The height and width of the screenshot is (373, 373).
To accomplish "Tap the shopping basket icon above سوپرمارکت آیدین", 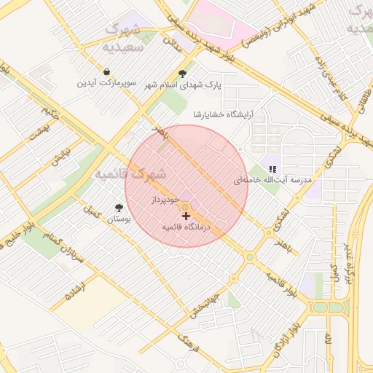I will (107, 72).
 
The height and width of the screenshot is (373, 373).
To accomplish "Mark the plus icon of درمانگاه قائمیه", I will (186, 216).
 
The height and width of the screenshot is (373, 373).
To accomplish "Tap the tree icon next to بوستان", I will (119, 208).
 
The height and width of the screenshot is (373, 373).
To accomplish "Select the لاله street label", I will (329, 341).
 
